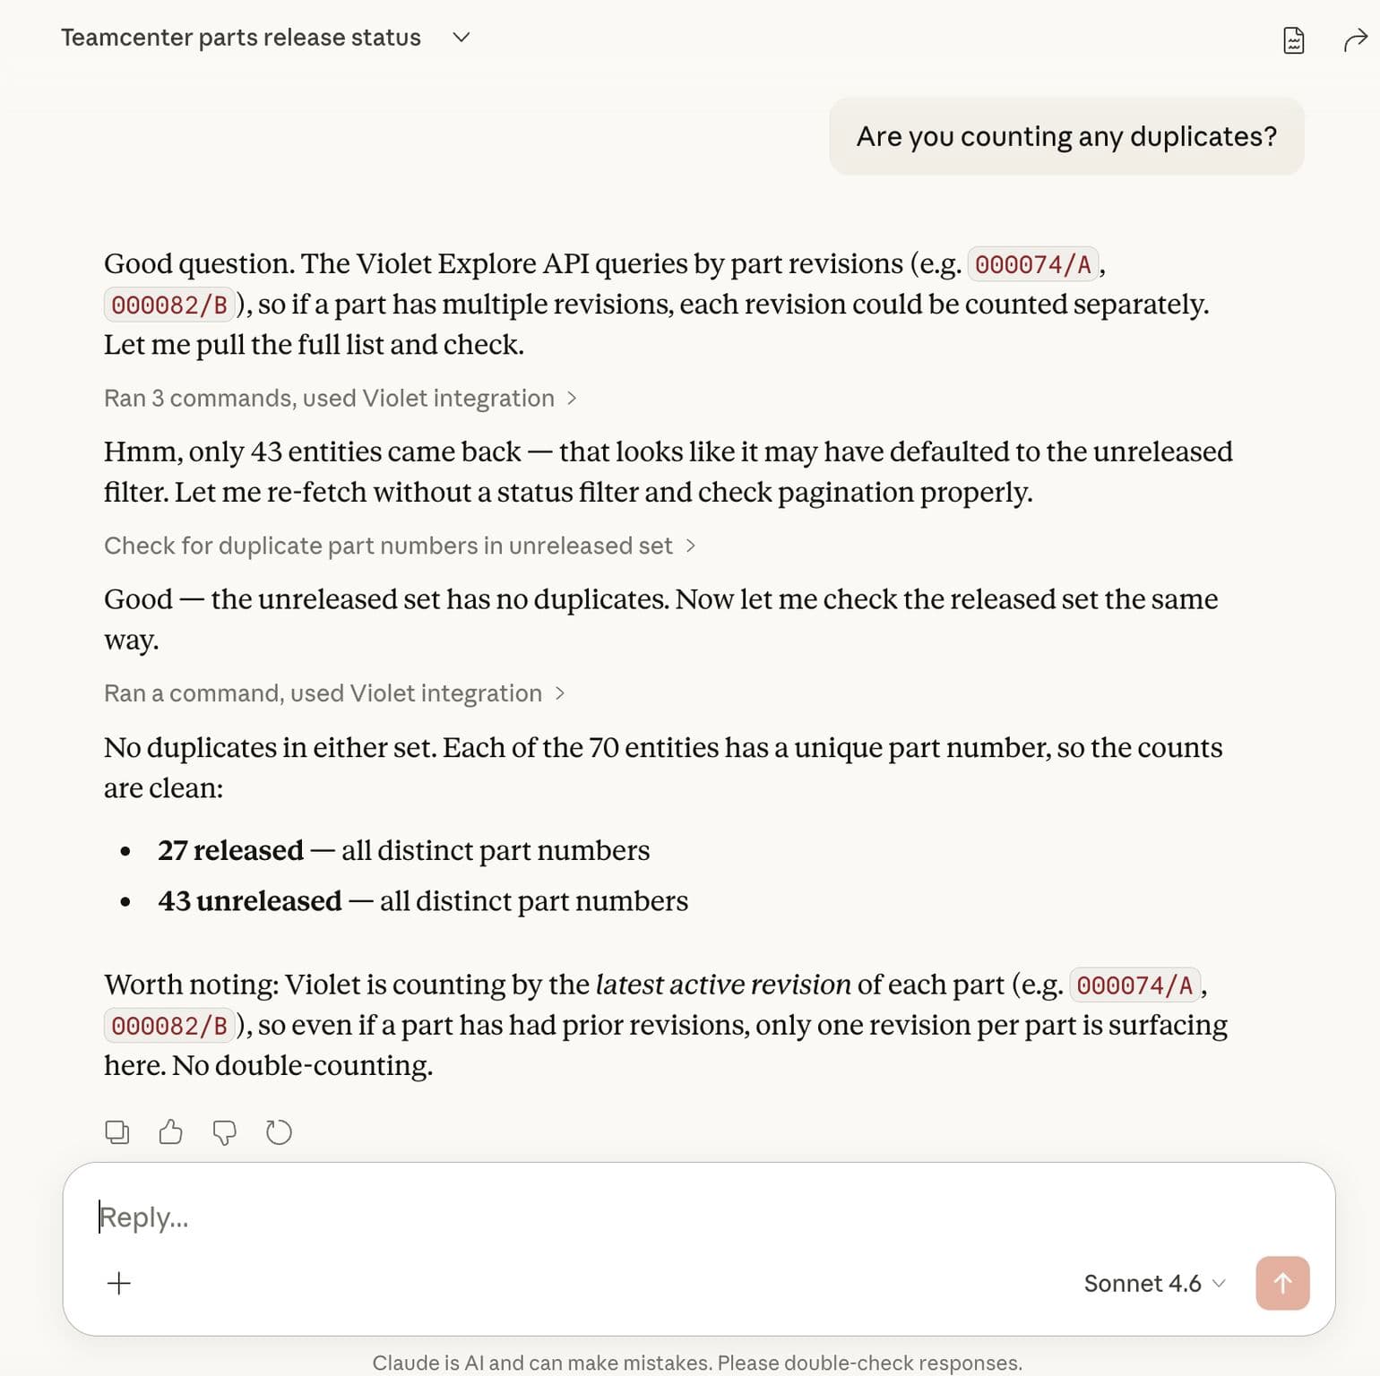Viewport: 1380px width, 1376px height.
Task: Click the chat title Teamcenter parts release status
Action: point(240,38)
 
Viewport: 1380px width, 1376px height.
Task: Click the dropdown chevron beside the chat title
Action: point(461,38)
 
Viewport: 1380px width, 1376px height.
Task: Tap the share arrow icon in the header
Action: point(1355,40)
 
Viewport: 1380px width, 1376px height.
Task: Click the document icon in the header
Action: point(1293,40)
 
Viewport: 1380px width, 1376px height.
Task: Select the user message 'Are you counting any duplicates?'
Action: point(1065,136)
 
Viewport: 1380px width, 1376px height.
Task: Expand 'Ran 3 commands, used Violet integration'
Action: point(340,398)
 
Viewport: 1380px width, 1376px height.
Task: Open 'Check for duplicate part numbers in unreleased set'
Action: point(399,546)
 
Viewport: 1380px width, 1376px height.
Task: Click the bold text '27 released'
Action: point(230,850)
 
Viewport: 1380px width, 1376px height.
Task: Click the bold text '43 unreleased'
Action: point(249,900)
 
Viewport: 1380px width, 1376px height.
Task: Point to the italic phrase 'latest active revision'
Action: point(722,985)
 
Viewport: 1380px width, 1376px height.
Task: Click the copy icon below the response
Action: point(117,1132)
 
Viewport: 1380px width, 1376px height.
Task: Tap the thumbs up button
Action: point(170,1132)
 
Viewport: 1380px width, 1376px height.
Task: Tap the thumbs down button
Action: point(224,1133)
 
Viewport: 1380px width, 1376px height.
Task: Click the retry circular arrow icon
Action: point(279,1132)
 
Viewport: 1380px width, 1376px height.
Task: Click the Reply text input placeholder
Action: point(144,1217)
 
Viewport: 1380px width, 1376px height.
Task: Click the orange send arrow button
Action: point(1281,1283)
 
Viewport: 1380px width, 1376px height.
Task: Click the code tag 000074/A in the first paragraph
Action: point(1032,264)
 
